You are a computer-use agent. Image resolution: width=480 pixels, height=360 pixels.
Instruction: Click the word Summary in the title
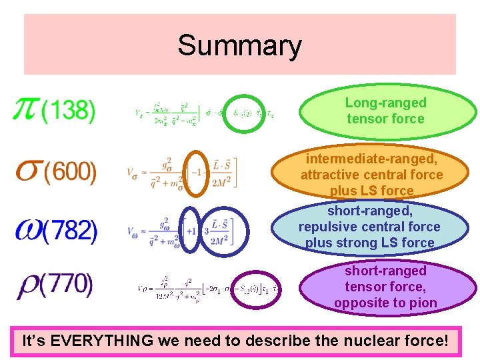pos(239,46)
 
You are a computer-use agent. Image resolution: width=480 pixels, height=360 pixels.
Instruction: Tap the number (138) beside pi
pos(69,111)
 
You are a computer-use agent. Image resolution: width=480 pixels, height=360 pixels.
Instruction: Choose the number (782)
pos(71,231)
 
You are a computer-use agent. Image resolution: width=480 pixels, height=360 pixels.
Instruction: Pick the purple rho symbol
pos(27,285)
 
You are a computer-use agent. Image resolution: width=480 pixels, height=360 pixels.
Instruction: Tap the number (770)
pos(67,285)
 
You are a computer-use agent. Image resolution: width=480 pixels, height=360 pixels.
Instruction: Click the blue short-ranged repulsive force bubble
pos(369,227)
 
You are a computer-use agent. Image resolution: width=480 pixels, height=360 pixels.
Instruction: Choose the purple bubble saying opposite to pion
pos(385,287)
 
